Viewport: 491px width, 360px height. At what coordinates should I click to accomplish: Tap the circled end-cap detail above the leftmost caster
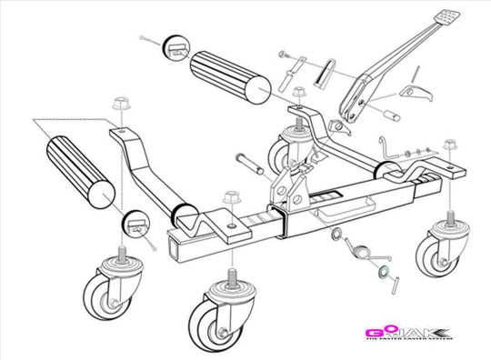[135, 223]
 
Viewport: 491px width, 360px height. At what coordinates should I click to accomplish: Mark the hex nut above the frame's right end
[449, 145]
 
